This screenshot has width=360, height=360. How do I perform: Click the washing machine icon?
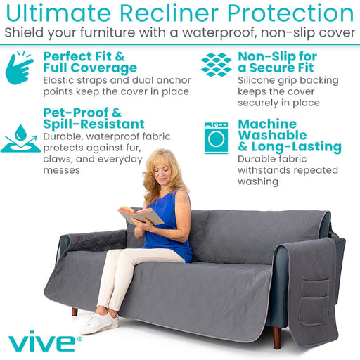pyautogui.click(x=216, y=137)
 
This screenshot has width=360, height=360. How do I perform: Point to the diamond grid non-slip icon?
pyautogui.click(x=216, y=64)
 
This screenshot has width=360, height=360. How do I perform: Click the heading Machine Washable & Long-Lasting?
pyautogui.click(x=289, y=135)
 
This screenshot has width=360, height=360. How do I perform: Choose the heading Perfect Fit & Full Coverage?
pyautogui.click(x=90, y=62)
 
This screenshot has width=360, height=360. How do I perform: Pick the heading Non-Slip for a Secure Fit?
pyautogui.click(x=277, y=62)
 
